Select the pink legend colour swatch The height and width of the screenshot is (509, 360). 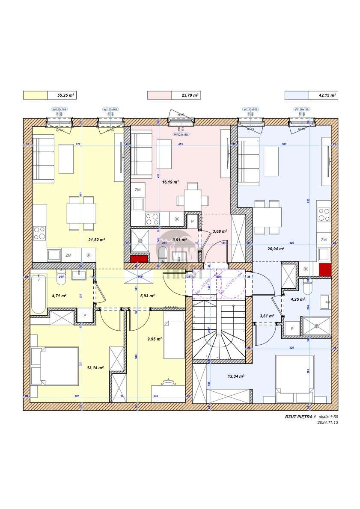pos(159,95)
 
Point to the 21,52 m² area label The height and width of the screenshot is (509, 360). pos(96,240)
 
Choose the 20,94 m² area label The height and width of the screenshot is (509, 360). pos(276,249)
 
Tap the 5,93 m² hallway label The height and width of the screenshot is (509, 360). pos(147,295)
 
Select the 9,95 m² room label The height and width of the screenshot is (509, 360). pos(154,339)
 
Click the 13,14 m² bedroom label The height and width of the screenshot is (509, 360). pos(95,367)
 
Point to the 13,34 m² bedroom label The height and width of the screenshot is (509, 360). pos(235,376)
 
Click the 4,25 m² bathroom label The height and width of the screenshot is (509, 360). pos(297,299)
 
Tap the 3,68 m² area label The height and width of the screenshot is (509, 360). pos(220,231)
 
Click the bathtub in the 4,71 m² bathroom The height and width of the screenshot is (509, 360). pos(39,294)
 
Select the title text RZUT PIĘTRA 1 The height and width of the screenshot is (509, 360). pos(300,417)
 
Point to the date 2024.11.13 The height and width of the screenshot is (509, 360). pos(328,422)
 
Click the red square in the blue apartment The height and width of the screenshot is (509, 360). pos(325,269)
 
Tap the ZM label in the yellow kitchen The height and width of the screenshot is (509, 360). pos(68,255)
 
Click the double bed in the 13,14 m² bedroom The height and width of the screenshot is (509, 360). pos(54,367)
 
